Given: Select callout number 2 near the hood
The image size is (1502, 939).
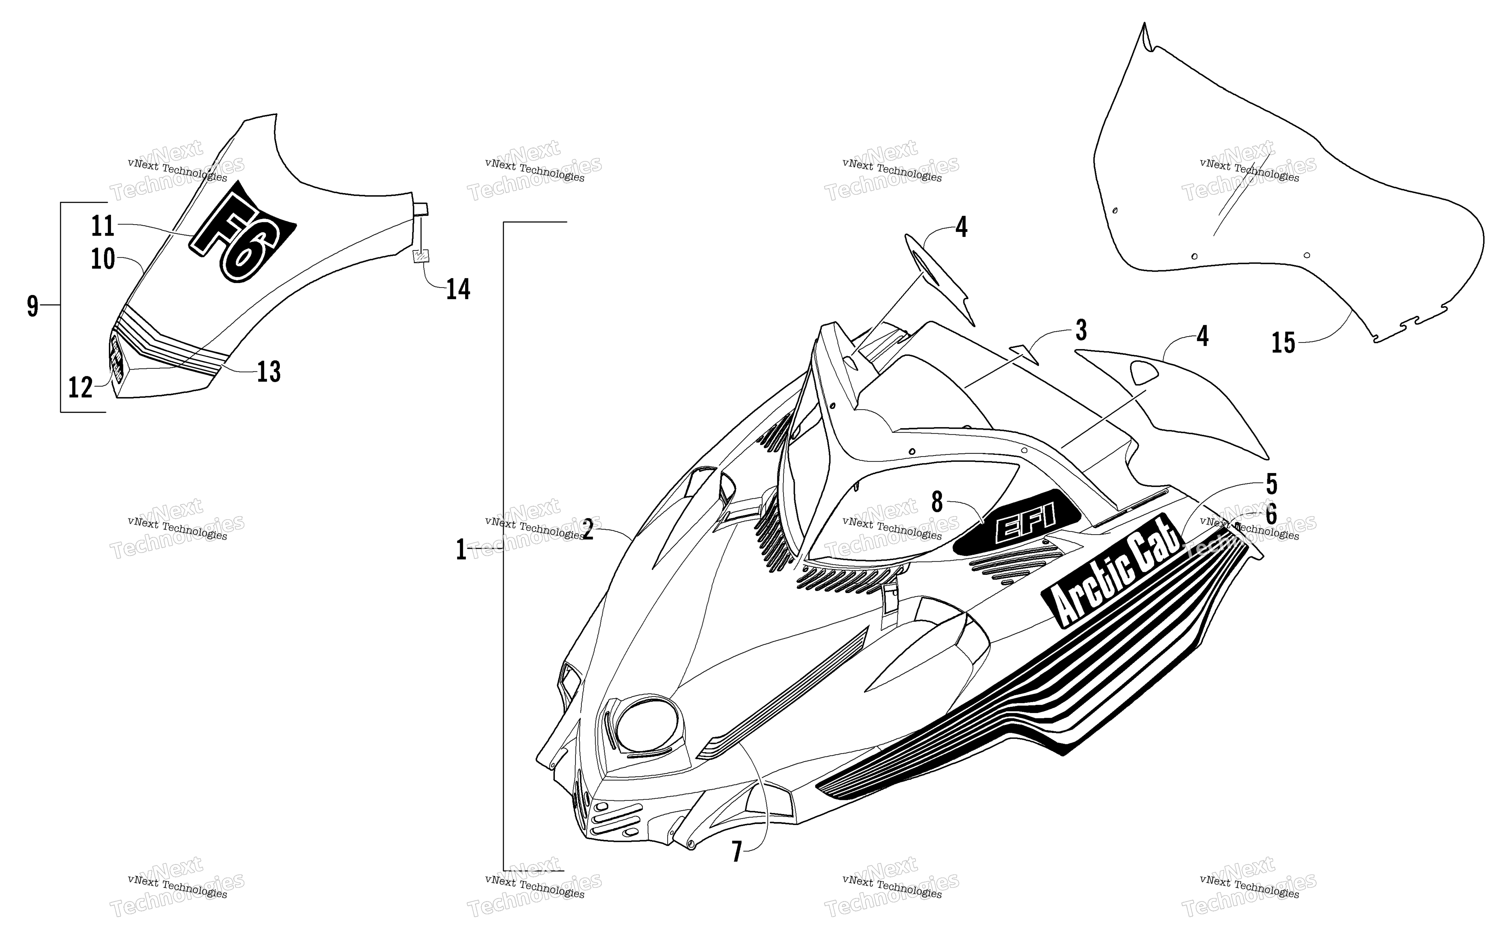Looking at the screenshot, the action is (x=587, y=529).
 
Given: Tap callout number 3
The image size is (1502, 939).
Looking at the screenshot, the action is (x=1081, y=330).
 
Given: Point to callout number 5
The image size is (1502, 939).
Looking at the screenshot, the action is (x=1271, y=484).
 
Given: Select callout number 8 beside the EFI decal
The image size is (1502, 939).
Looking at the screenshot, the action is (x=937, y=502).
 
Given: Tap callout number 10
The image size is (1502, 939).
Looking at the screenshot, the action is (x=103, y=258).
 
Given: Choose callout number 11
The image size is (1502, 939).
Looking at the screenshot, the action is (x=103, y=226).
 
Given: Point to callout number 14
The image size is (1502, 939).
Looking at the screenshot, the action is (x=458, y=289).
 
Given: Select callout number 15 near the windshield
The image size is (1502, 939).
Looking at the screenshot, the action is (x=1284, y=343).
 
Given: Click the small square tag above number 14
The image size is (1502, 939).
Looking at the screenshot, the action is (x=421, y=256).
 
